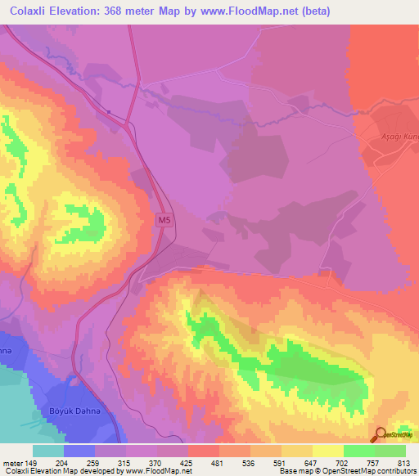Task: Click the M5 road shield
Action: click(x=164, y=220)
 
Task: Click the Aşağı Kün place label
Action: click(x=400, y=136)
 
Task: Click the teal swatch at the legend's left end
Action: click(x=48, y=450)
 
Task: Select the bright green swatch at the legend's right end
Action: click(x=390, y=450)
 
